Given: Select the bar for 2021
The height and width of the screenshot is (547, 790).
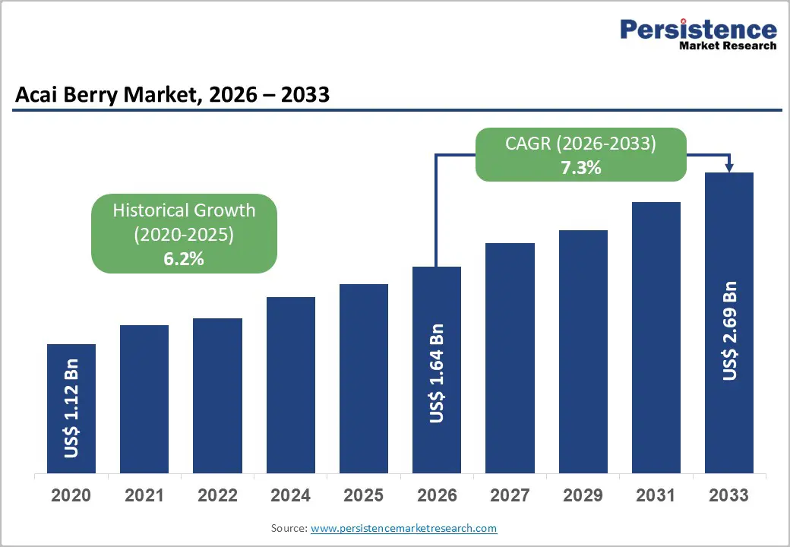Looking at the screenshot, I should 144,399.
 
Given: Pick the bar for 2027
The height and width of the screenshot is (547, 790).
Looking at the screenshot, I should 510,358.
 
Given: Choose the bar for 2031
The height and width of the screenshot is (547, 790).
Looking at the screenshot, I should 656,337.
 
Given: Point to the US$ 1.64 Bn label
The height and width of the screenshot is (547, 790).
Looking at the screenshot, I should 436,373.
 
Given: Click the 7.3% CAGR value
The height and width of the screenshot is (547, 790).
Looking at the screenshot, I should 580,168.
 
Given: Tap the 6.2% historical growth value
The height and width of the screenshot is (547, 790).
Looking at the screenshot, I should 184,259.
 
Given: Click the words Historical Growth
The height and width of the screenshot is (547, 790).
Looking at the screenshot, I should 184,210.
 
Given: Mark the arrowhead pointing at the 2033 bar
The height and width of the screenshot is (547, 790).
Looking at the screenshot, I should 729,167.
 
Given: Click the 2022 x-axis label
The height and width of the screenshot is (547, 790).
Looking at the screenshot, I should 217,496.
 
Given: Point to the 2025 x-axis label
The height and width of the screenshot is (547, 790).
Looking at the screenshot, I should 363,496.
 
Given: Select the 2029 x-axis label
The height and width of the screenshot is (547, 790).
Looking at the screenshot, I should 583,496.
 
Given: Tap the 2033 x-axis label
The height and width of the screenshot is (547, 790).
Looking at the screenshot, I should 728,496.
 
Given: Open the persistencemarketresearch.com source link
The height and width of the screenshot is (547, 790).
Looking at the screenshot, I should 403,528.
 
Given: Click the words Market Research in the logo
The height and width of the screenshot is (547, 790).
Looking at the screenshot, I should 728,46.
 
